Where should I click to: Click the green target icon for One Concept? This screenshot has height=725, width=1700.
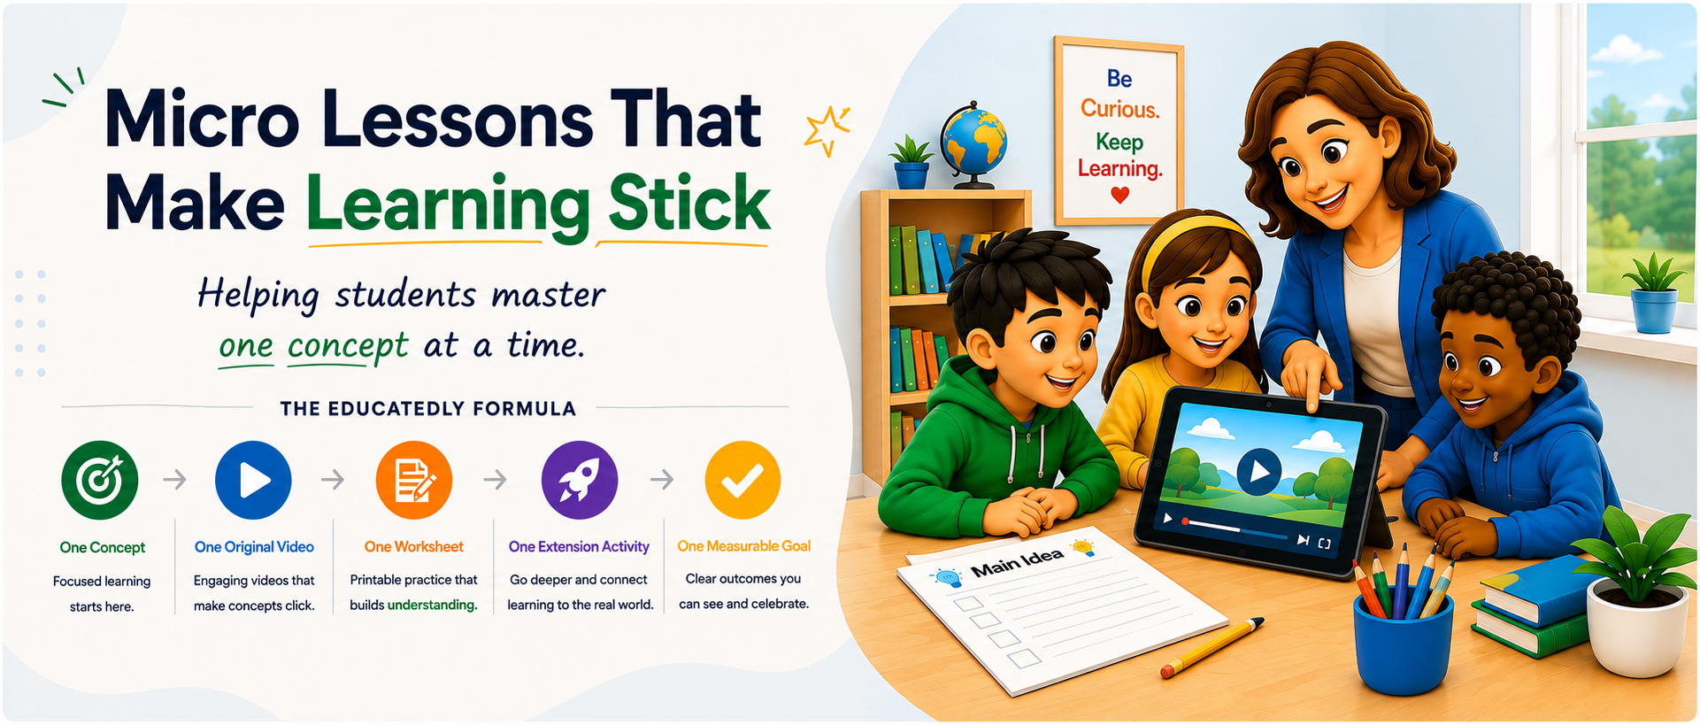[x=100, y=480]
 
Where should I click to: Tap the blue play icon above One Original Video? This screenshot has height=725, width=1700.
[x=253, y=480]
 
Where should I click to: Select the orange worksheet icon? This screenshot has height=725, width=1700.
[x=413, y=480]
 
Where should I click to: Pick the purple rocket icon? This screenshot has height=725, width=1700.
[x=580, y=480]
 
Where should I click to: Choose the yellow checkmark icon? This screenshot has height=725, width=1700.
[x=742, y=480]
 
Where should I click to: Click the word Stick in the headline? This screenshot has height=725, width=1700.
[x=689, y=204]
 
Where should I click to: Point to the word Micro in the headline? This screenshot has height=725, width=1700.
[x=203, y=119]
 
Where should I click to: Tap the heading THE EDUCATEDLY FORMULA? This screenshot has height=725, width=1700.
[x=428, y=408]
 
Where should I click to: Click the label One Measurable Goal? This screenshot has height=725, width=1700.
[x=744, y=546]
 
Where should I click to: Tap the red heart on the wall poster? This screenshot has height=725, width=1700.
[x=1120, y=194]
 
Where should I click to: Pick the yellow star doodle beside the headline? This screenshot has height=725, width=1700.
[x=827, y=131]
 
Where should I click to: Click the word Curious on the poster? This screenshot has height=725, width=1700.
[x=1119, y=109]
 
